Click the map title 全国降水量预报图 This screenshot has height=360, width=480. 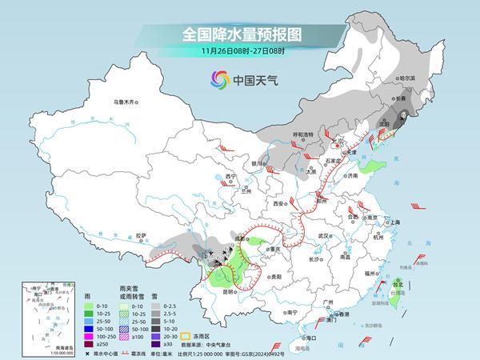pos(239,35)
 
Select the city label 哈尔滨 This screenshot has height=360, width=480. pos(407,78)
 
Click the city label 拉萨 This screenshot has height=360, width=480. pos(141,235)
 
